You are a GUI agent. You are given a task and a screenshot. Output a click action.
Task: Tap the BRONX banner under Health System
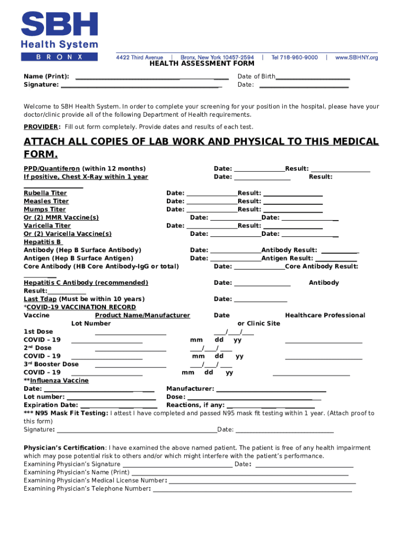click(x=59, y=57)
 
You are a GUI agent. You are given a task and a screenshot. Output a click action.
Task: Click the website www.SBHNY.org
click(x=356, y=57)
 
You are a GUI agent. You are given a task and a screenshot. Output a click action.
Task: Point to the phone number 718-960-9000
click(x=294, y=57)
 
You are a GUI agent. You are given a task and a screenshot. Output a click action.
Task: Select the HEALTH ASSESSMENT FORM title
click(x=202, y=64)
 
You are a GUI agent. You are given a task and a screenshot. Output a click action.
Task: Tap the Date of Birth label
click(x=256, y=77)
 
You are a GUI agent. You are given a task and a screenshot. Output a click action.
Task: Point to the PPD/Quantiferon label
click(x=52, y=169)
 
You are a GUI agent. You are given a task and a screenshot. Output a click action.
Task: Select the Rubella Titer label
click(x=45, y=193)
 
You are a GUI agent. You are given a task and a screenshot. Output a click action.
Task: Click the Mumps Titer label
click(x=45, y=210)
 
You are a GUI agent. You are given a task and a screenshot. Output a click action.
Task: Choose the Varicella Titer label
click(x=47, y=226)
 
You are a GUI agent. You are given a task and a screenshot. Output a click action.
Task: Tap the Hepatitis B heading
click(x=42, y=242)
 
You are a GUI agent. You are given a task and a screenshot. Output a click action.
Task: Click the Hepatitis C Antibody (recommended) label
click(x=86, y=283)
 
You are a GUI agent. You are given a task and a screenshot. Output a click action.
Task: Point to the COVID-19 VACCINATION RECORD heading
click(x=81, y=307)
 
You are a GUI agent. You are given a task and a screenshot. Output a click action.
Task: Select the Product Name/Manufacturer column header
click(x=142, y=315)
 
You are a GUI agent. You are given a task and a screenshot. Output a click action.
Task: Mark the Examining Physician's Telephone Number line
click(x=252, y=490)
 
